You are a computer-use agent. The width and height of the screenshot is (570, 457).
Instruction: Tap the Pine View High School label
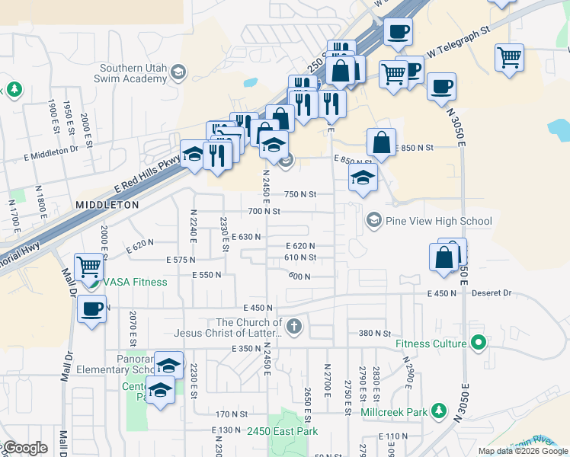click(x=438, y=222)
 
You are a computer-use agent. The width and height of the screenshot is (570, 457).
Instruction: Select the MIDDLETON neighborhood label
click(x=107, y=206)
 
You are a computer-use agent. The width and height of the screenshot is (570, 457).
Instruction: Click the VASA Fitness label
click(x=135, y=283)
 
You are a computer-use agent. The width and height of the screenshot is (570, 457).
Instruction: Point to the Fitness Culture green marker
click(x=478, y=344)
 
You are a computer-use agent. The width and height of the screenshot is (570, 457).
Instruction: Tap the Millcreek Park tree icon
click(x=438, y=411)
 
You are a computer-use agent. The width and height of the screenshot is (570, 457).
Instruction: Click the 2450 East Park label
click(x=282, y=431)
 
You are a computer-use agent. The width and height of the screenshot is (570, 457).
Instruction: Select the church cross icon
click(x=294, y=327)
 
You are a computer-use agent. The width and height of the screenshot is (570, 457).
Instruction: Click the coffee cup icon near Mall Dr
click(x=92, y=309)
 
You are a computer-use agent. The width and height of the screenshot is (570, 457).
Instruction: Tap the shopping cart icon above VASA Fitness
click(x=89, y=267)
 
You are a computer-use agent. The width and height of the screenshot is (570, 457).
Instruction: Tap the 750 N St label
click(x=300, y=194)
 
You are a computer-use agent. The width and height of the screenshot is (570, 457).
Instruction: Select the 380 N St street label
click(x=374, y=333)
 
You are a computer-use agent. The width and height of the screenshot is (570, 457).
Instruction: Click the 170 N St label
click(x=228, y=414)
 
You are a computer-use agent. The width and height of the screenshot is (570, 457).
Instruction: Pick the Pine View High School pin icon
click(x=373, y=221)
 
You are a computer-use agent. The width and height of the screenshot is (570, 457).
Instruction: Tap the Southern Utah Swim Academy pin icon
click(x=178, y=72)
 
